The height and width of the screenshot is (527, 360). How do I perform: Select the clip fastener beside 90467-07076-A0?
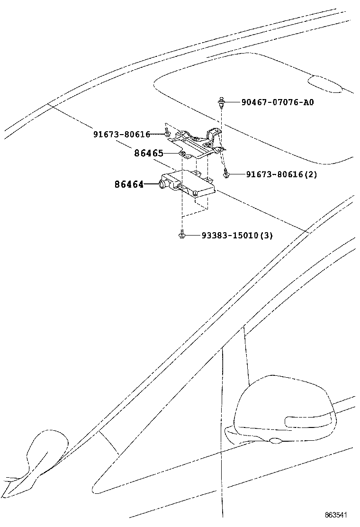221,101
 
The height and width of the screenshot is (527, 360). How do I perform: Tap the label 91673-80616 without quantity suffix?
121,135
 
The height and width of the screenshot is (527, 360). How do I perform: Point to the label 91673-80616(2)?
281,174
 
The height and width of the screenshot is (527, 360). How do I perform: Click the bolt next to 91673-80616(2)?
227,174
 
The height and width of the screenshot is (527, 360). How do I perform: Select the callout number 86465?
149,153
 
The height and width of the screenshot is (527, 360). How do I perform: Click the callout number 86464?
129,184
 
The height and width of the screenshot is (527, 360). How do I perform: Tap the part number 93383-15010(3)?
237,235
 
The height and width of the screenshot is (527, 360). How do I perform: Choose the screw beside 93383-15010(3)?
182,235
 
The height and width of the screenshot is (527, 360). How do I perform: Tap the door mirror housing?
279,408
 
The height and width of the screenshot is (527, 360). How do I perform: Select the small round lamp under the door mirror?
275,442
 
